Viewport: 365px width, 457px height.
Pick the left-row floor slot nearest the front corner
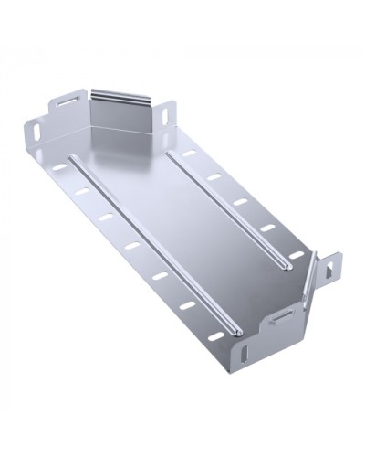pyautogui.click(x=189, y=305)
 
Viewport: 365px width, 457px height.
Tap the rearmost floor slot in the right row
pyautogui.click(x=189, y=154)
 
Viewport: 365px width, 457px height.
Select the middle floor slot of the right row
pyautogui.click(x=241, y=201)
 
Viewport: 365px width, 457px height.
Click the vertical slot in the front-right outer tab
pyautogui.click(x=331, y=268)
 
